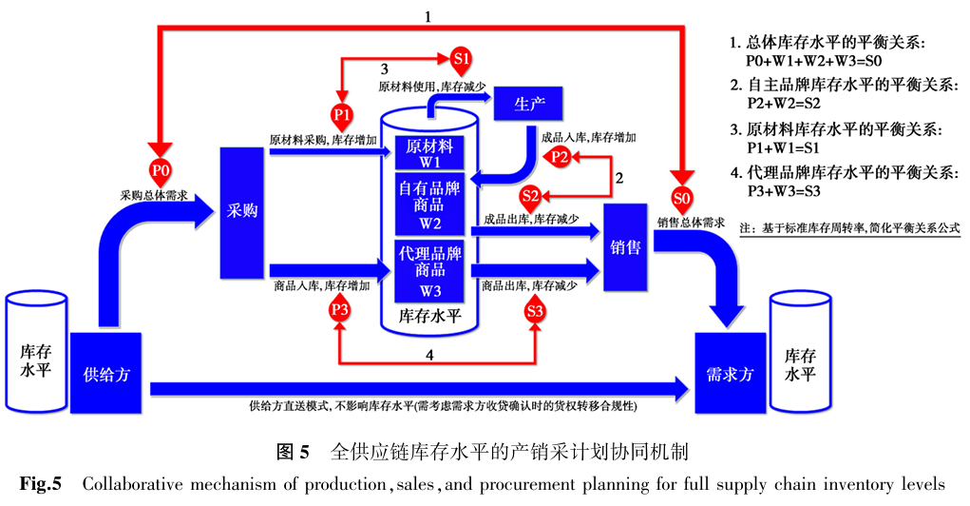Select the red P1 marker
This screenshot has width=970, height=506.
342,114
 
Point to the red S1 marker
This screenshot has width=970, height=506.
462,59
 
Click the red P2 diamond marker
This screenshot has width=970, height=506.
561,157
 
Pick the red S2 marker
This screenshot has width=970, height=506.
530,197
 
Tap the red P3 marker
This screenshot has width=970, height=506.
340,310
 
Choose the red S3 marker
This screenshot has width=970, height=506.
535,310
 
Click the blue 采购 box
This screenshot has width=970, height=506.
241,213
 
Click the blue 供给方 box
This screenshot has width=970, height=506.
105,373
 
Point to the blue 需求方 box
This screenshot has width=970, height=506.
731,373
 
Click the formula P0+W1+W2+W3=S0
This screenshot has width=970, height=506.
815,62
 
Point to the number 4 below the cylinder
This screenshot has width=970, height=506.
430,355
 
